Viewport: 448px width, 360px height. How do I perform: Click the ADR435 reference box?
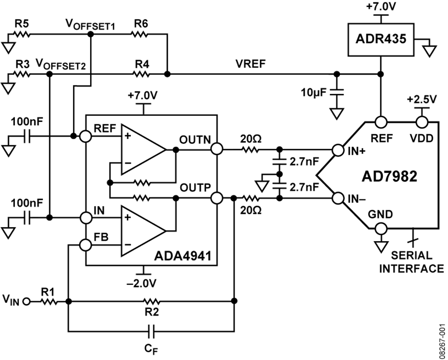pyautogui.click(x=381, y=39)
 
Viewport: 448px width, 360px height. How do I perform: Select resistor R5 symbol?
pyautogui.click(x=22, y=34)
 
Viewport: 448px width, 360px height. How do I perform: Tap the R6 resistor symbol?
pyautogui.click(x=139, y=34)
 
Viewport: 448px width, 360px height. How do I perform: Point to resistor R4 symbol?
pyautogui.click(x=141, y=74)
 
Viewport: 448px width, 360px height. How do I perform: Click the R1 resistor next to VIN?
pyautogui.click(x=49, y=301)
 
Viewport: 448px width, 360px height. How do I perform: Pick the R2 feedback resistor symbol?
pyautogui.click(x=151, y=301)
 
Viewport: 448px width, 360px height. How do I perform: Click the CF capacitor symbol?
pyautogui.click(x=151, y=331)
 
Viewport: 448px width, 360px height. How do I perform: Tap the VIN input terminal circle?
pyautogui.click(x=26, y=301)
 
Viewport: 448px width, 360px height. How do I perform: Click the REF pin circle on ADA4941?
pyautogui.click(x=86, y=136)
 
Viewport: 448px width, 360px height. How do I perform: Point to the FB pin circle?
pyautogui.click(x=86, y=245)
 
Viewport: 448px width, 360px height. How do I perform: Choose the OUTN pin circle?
pyautogui.click(x=217, y=149)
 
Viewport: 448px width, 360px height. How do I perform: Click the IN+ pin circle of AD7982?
pyautogui.click(x=337, y=150)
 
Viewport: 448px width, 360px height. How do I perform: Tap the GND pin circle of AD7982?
pyautogui.click(x=381, y=228)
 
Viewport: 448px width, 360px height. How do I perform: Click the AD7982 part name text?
pyautogui.click(x=389, y=177)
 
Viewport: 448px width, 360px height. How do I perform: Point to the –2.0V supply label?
pyautogui.click(x=142, y=283)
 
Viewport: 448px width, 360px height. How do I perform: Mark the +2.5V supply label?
pyautogui.click(x=422, y=99)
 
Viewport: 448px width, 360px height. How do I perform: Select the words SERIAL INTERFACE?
pyautogui.click(x=412, y=262)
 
